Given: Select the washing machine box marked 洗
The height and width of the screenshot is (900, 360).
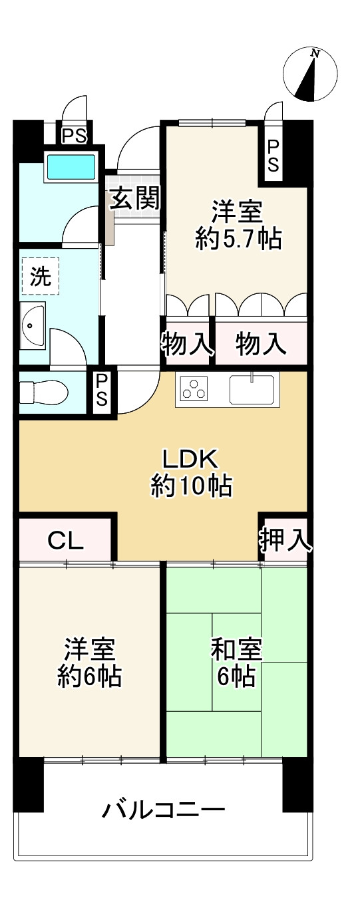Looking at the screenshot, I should [x=40, y=276].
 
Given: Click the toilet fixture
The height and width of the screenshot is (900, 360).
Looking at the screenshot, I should [x=43, y=393].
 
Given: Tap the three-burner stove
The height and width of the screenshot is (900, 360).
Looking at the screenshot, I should [x=194, y=389].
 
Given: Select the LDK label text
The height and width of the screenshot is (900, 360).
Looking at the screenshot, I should [x=190, y=459].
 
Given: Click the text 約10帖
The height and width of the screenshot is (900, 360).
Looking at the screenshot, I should [x=190, y=488].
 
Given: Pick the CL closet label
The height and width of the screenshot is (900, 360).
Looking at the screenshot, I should [x=65, y=541].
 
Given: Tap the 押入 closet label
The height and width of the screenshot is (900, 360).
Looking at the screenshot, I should [x=285, y=540].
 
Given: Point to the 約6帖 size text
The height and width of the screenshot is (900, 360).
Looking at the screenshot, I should [x=89, y=677].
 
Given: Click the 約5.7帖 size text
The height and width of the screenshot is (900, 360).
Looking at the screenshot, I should [x=238, y=239].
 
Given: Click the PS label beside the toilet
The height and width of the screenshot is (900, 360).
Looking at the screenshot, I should [x=102, y=391].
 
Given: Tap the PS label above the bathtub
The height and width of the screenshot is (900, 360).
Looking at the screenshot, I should [x=74, y=136].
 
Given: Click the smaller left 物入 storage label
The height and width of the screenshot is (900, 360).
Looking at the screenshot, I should [x=187, y=344].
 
